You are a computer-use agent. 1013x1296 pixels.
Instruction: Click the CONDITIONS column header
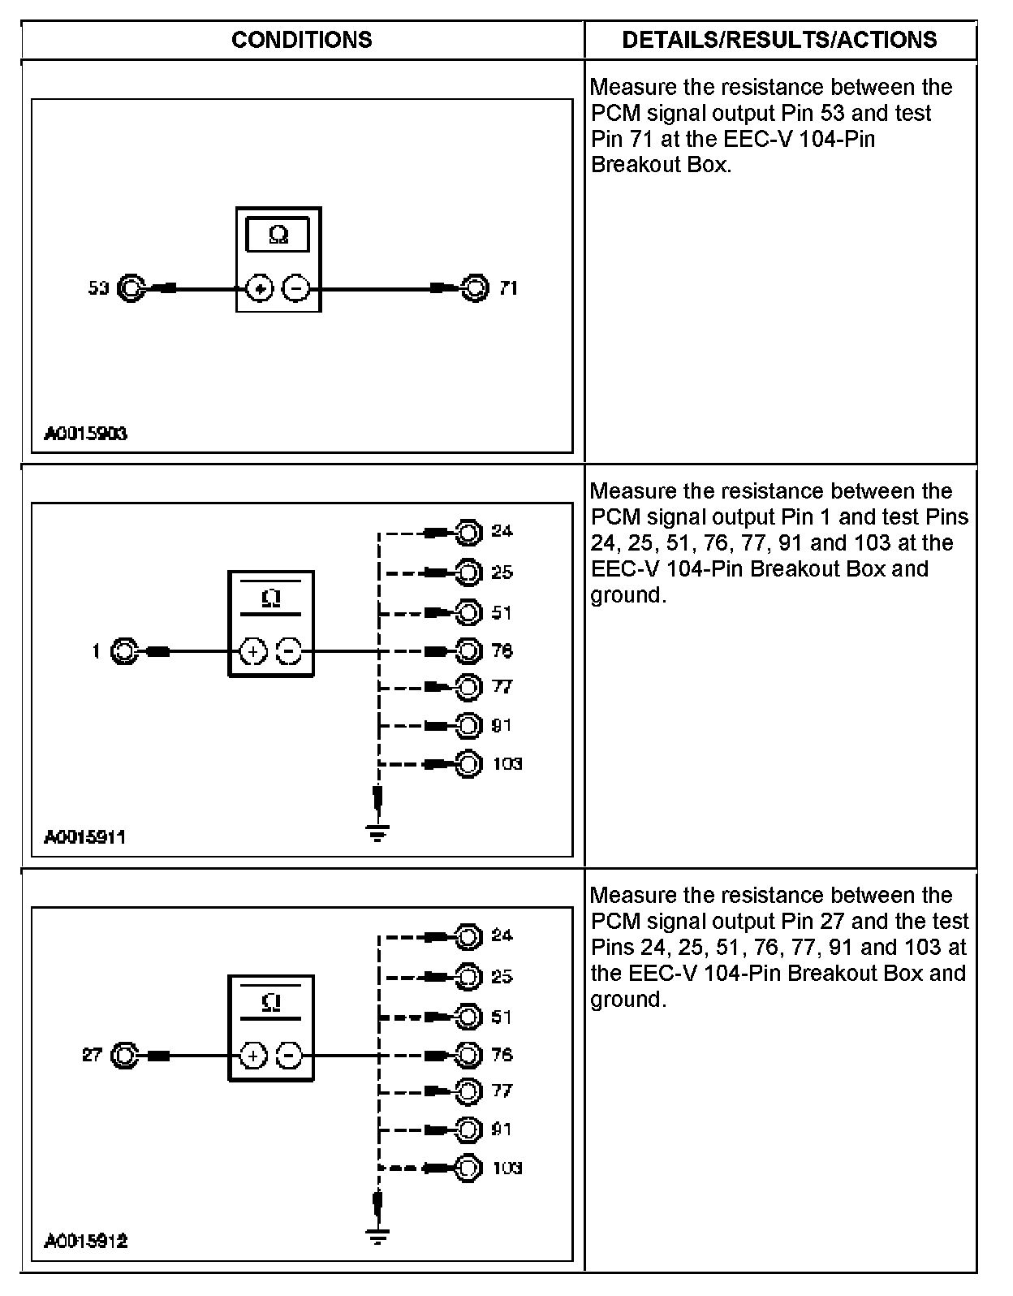(x=301, y=40)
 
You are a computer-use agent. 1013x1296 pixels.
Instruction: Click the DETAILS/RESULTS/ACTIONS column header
(x=779, y=40)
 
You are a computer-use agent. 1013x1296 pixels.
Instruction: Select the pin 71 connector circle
(x=475, y=287)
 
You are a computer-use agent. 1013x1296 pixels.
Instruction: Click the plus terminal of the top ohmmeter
(x=259, y=288)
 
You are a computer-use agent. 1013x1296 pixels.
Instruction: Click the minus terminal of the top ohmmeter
(x=296, y=288)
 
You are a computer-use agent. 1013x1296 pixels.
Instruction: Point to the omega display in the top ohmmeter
(x=278, y=235)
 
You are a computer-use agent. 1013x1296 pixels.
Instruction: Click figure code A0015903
(x=85, y=434)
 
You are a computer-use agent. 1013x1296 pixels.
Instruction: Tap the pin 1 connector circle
(x=123, y=651)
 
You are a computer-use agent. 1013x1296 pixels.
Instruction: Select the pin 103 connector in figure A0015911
(x=468, y=764)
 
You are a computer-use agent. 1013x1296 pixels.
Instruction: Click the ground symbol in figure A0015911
(x=377, y=832)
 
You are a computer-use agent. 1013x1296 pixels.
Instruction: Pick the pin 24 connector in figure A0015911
(x=468, y=532)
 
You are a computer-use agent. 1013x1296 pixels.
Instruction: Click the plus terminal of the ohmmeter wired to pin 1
(x=253, y=651)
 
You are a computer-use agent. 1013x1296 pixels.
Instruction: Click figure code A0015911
(x=85, y=837)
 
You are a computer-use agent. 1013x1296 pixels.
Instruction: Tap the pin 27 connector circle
(x=123, y=1055)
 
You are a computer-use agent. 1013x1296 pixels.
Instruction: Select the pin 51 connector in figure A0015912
(x=468, y=1017)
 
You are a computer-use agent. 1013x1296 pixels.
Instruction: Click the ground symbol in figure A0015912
(x=377, y=1236)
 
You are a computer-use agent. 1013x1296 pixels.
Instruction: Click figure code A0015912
(x=85, y=1242)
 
